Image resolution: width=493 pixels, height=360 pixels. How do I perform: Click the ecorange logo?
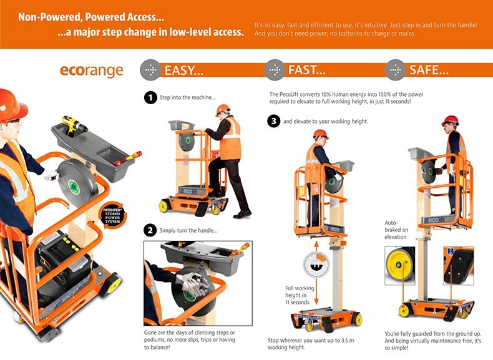click(x=92, y=70)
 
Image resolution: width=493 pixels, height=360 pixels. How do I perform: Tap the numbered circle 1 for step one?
click(x=150, y=97)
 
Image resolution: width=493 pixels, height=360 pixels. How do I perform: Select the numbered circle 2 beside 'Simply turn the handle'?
click(x=150, y=230)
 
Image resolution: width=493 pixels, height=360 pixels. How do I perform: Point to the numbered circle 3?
click(x=274, y=121)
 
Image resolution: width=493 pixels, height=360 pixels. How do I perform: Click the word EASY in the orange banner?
click(x=183, y=71)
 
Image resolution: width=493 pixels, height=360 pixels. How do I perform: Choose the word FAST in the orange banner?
click(x=306, y=71)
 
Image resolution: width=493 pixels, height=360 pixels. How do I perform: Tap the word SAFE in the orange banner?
click(x=429, y=71)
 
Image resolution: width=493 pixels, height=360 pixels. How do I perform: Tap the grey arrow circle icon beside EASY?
click(x=150, y=70)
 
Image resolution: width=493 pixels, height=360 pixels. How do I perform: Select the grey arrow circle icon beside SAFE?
click(x=395, y=70)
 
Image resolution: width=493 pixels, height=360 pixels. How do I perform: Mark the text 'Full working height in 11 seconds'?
click(x=299, y=296)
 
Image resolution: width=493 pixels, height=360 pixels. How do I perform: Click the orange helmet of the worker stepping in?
click(x=223, y=109)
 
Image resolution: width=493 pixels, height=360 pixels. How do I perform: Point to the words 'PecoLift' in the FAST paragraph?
click(x=289, y=94)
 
